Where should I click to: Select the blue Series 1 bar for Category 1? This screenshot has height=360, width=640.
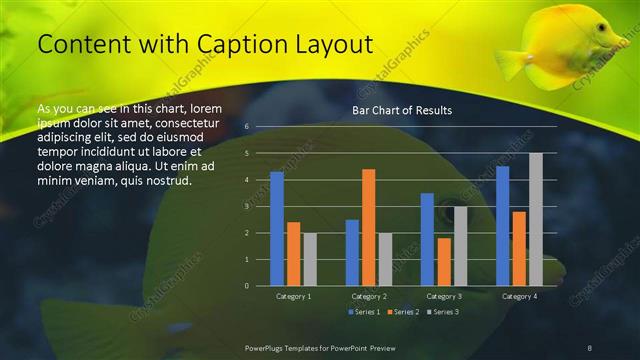click(277, 229)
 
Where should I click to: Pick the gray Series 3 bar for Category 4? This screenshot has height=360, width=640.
click(535, 219)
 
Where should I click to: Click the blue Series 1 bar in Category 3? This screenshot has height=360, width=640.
click(427, 239)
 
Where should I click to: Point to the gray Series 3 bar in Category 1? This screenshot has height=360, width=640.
click(310, 259)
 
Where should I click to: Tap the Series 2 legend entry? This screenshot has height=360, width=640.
click(402, 313)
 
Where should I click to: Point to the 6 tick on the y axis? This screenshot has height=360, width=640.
click(247, 127)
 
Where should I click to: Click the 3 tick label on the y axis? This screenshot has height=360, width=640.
click(247, 206)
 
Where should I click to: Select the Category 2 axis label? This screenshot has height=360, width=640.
click(368, 296)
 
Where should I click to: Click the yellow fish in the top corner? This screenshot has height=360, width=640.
click(560, 45)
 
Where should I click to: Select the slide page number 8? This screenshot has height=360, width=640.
click(590, 346)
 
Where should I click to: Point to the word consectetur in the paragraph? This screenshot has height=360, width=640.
click(187, 123)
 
